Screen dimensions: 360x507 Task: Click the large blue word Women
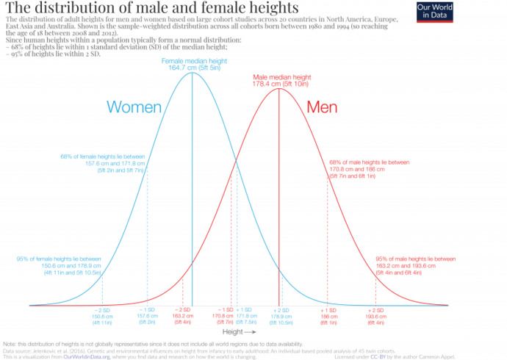[x=134, y=107]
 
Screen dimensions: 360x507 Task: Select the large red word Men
[x=321, y=107]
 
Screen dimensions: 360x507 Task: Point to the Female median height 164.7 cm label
[x=193, y=63]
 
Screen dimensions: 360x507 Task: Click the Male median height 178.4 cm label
[x=280, y=80]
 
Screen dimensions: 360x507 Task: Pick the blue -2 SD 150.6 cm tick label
[x=101, y=316]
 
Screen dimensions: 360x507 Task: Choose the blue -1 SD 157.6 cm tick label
[x=147, y=316]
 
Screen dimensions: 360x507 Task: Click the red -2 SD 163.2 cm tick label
[x=183, y=316]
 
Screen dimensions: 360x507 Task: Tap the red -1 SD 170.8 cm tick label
[x=225, y=316]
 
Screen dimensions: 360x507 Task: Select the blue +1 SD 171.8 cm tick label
[x=245, y=316]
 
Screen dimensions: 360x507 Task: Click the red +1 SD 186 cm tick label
[x=328, y=316]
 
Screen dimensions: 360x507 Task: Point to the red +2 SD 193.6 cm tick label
[x=375, y=316]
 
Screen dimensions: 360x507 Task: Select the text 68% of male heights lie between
[x=368, y=162]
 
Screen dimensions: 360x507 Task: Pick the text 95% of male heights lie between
[x=415, y=259]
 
